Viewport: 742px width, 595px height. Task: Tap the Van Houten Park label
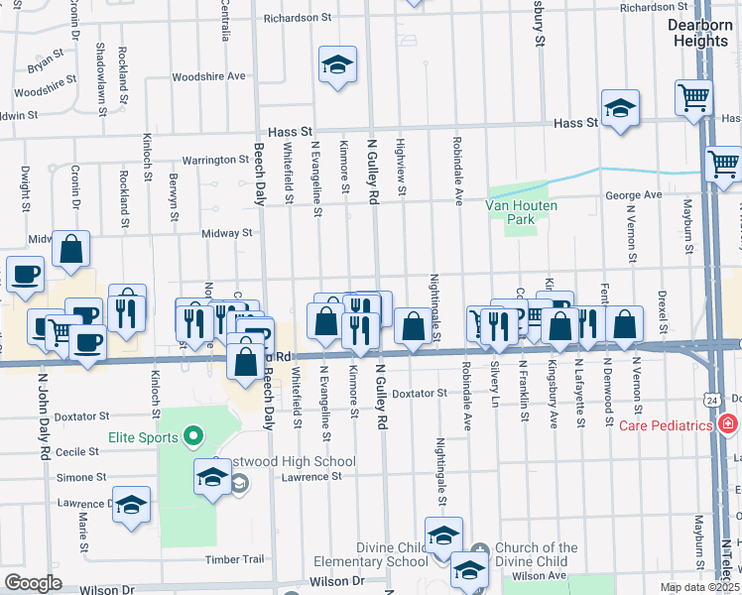[x=521, y=211]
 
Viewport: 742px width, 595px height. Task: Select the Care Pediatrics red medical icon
[x=729, y=424]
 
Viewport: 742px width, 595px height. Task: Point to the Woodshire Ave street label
[x=207, y=76]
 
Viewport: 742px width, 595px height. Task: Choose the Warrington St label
[x=214, y=159]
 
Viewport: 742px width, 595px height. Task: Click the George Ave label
[x=633, y=195]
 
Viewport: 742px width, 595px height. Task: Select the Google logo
[x=33, y=583]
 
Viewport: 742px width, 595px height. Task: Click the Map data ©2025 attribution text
[x=699, y=587]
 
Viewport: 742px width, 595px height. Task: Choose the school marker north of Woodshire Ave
[x=338, y=66]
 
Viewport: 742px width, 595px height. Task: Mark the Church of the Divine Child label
[x=536, y=555]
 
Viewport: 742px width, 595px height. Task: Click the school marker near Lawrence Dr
[x=132, y=506]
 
